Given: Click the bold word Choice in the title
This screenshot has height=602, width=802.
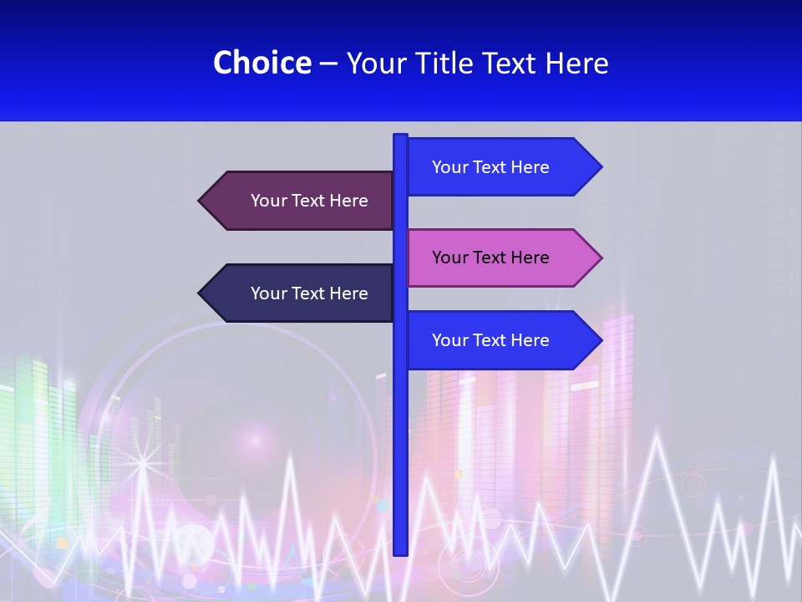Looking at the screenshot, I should pos(261,63).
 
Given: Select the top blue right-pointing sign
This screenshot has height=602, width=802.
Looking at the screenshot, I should pos(501,167).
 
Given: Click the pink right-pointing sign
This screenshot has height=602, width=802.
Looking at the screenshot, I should pos(501,258).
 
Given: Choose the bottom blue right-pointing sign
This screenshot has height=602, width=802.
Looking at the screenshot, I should pos(501,340).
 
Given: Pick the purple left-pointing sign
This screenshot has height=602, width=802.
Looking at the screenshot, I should pos(301,201).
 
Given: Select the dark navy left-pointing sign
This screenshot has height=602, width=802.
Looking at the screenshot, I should pos(301,293).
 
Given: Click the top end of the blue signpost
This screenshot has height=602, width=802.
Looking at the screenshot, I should pos(400,136).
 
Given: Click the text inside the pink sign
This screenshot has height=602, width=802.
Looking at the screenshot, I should pos(490,258).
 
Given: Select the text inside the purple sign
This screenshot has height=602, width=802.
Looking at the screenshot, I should pos(309,201).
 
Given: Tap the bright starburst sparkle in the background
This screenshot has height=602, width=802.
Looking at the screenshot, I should pos(142,461).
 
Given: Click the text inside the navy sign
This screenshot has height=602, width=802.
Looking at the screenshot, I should pos(309,293).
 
